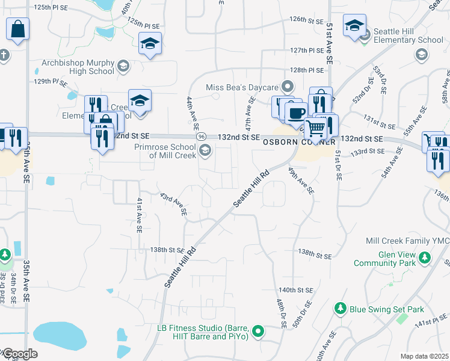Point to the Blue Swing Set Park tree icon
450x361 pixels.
[341, 309]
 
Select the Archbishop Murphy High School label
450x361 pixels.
[78, 66]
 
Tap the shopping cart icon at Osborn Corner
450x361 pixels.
[315, 127]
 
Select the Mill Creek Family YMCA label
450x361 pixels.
[407, 241]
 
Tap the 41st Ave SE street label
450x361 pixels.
[139, 215]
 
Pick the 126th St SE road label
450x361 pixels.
[306, 19]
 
